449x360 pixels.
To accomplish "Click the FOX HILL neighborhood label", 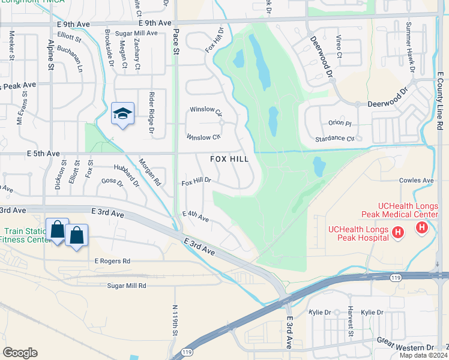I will point(230,159).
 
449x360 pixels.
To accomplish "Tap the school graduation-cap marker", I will point(122,113).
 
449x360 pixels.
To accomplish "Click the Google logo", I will point(20,353).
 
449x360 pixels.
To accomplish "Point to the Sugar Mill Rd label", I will point(127,286).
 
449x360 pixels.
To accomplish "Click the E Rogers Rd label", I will point(112,261).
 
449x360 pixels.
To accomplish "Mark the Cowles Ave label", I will point(416,180).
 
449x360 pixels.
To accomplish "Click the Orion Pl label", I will point(340,123).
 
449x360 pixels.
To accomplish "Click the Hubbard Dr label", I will point(127,173).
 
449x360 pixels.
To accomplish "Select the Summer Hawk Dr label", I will point(411,47).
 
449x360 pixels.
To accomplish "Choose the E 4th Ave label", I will point(196,217).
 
